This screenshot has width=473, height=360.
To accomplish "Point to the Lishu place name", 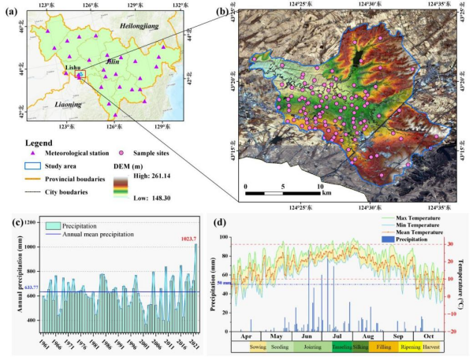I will click(x=72, y=69).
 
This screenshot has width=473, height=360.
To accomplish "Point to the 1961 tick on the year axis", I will click(x=43, y=344).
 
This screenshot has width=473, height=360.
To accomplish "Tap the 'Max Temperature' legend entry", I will click(x=420, y=216).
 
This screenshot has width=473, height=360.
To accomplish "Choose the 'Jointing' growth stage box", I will click(x=312, y=346).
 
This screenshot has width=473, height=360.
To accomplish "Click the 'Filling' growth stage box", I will click(x=382, y=346).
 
